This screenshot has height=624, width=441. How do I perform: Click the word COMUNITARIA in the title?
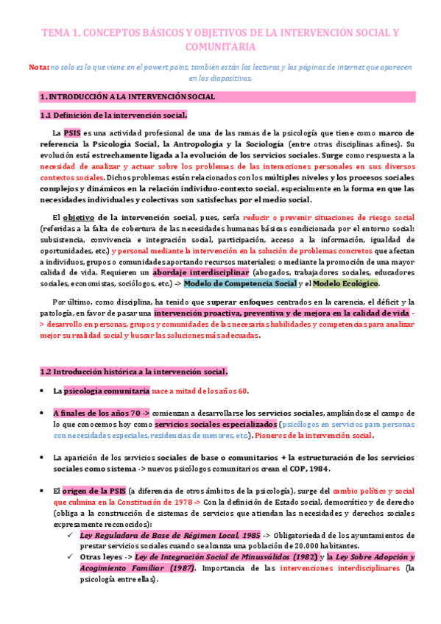[220, 46]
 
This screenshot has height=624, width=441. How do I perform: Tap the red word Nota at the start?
[39, 67]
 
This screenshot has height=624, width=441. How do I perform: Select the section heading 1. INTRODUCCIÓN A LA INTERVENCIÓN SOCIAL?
[127, 96]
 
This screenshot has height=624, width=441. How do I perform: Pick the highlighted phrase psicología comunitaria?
[107, 390]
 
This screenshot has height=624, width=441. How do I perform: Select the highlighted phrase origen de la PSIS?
[94, 491]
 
